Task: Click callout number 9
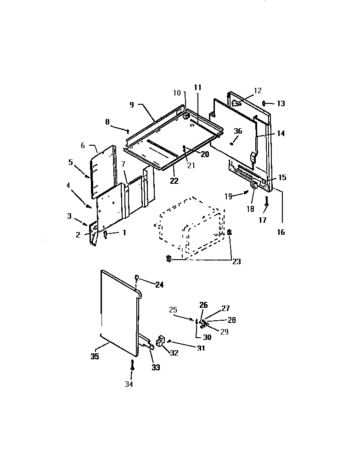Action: pyautogui.click(x=132, y=104)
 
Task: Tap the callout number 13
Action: pyautogui.click(x=280, y=104)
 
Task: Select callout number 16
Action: pyautogui.click(x=281, y=232)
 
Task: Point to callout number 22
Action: pyautogui.click(x=174, y=181)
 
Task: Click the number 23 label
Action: pyautogui.click(x=236, y=262)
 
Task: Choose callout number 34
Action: pyautogui.click(x=129, y=384)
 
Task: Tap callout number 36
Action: pyautogui.click(x=237, y=131)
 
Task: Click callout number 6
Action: pyautogui.click(x=83, y=145)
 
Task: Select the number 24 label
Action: pyautogui.click(x=159, y=285)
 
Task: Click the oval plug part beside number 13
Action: pyautogui.click(x=265, y=103)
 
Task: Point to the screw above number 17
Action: pyautogui.click(x=266, y=200)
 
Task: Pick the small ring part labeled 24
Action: pyautogui.click(x=137, y=277)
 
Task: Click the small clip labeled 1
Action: pyautogui.click(x=105, y=234)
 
